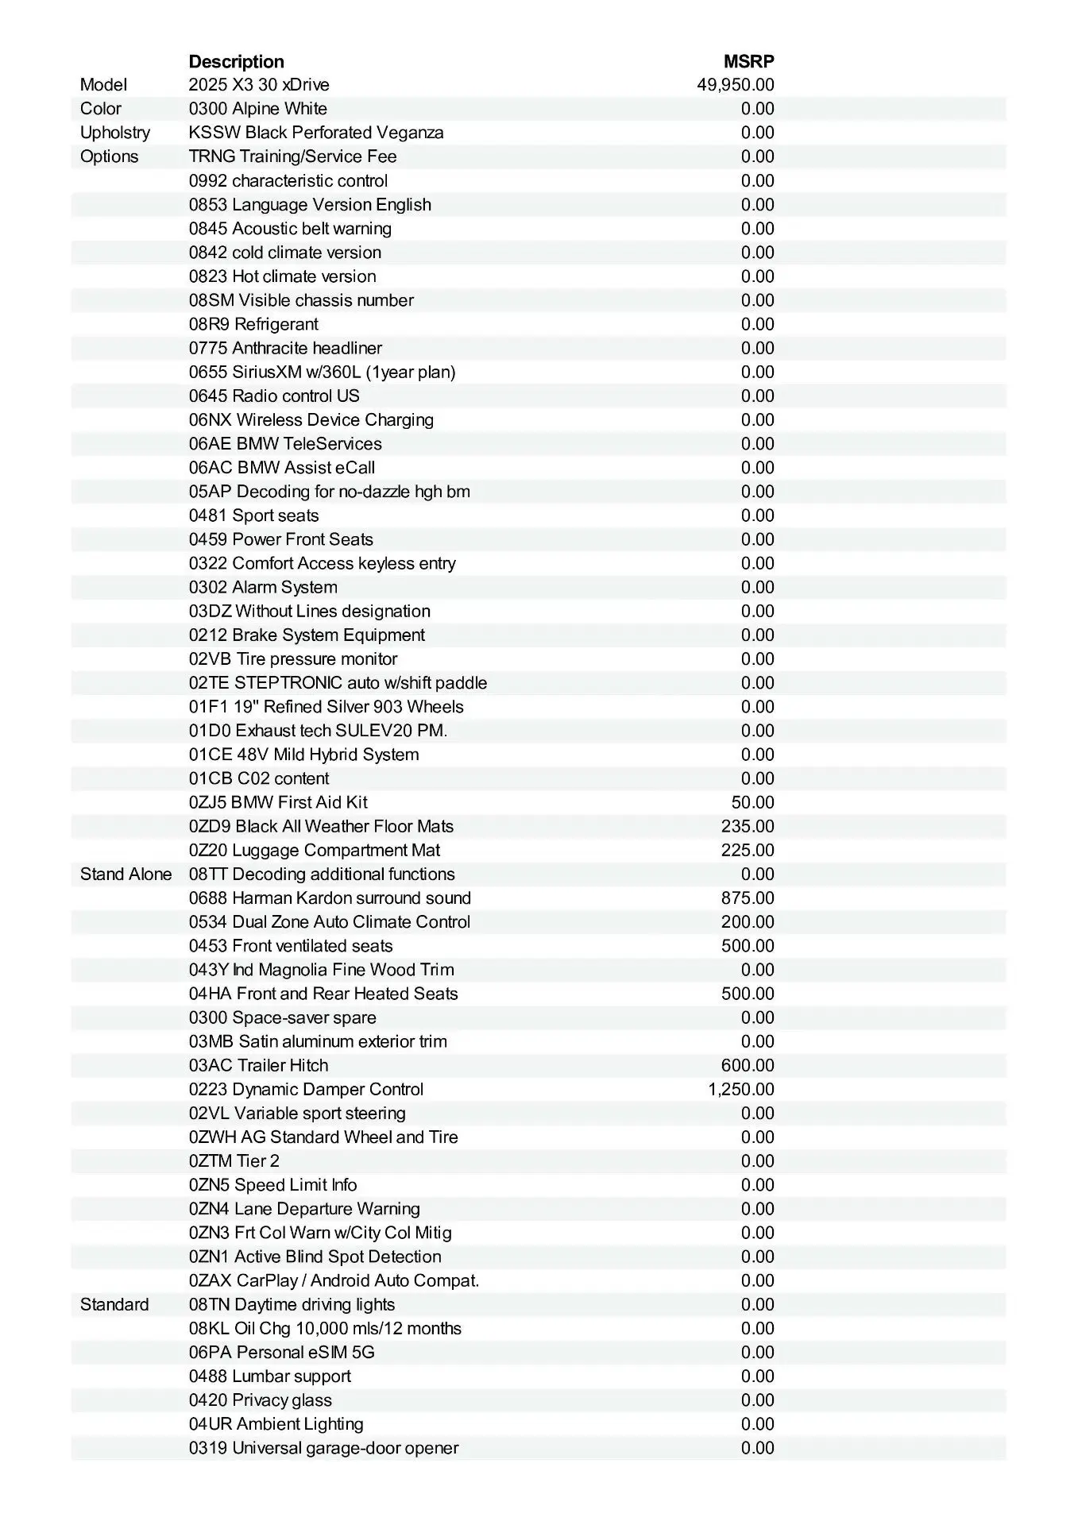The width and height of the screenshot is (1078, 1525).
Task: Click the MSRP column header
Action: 748,61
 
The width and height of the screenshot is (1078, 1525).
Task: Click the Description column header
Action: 236,61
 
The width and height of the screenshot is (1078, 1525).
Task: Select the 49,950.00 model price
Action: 736,85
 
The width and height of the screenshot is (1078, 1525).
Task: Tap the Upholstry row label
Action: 115,133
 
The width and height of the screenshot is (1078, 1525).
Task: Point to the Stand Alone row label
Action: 126,874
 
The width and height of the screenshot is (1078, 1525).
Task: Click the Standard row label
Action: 114,1304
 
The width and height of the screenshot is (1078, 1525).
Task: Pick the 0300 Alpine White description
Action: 257,109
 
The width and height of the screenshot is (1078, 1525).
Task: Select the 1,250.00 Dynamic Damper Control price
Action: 740,1089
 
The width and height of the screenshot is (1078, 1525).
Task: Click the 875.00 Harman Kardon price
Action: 748,898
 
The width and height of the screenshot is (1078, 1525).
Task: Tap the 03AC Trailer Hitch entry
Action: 258,1065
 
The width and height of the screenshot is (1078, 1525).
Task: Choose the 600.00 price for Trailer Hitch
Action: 748,1065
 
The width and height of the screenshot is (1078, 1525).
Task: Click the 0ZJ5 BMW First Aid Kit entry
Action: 278,802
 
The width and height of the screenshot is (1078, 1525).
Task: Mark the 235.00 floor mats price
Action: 748,826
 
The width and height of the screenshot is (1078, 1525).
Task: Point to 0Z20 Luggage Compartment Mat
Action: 315,850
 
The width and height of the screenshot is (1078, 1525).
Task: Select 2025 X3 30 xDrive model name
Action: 259,85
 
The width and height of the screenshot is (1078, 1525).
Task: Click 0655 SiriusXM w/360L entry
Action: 322,372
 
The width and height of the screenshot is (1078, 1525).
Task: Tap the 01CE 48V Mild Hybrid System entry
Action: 303,755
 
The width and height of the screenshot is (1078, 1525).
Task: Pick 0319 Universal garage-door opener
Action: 323,1447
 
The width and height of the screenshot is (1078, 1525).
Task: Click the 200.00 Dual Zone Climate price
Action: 748,922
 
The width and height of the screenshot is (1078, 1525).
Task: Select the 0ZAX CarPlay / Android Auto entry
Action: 334,1280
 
